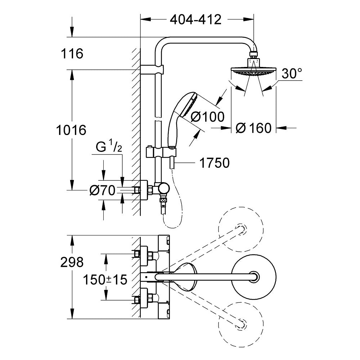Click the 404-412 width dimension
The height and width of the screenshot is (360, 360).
tap(195, 19)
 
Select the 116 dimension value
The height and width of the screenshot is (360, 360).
tap(72, 54)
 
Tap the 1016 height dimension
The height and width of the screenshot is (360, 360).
tap(72, 130)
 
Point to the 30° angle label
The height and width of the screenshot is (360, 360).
tap(292, 74)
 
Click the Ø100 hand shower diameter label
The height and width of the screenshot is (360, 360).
tap(207, 117)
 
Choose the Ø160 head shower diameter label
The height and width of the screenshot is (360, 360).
tap(253, 128)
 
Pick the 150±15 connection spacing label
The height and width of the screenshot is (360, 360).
tap(105, 279)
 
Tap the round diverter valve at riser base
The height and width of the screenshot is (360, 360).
tap(164, 188)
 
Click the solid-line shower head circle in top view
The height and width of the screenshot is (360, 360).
tap(255, 276)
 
